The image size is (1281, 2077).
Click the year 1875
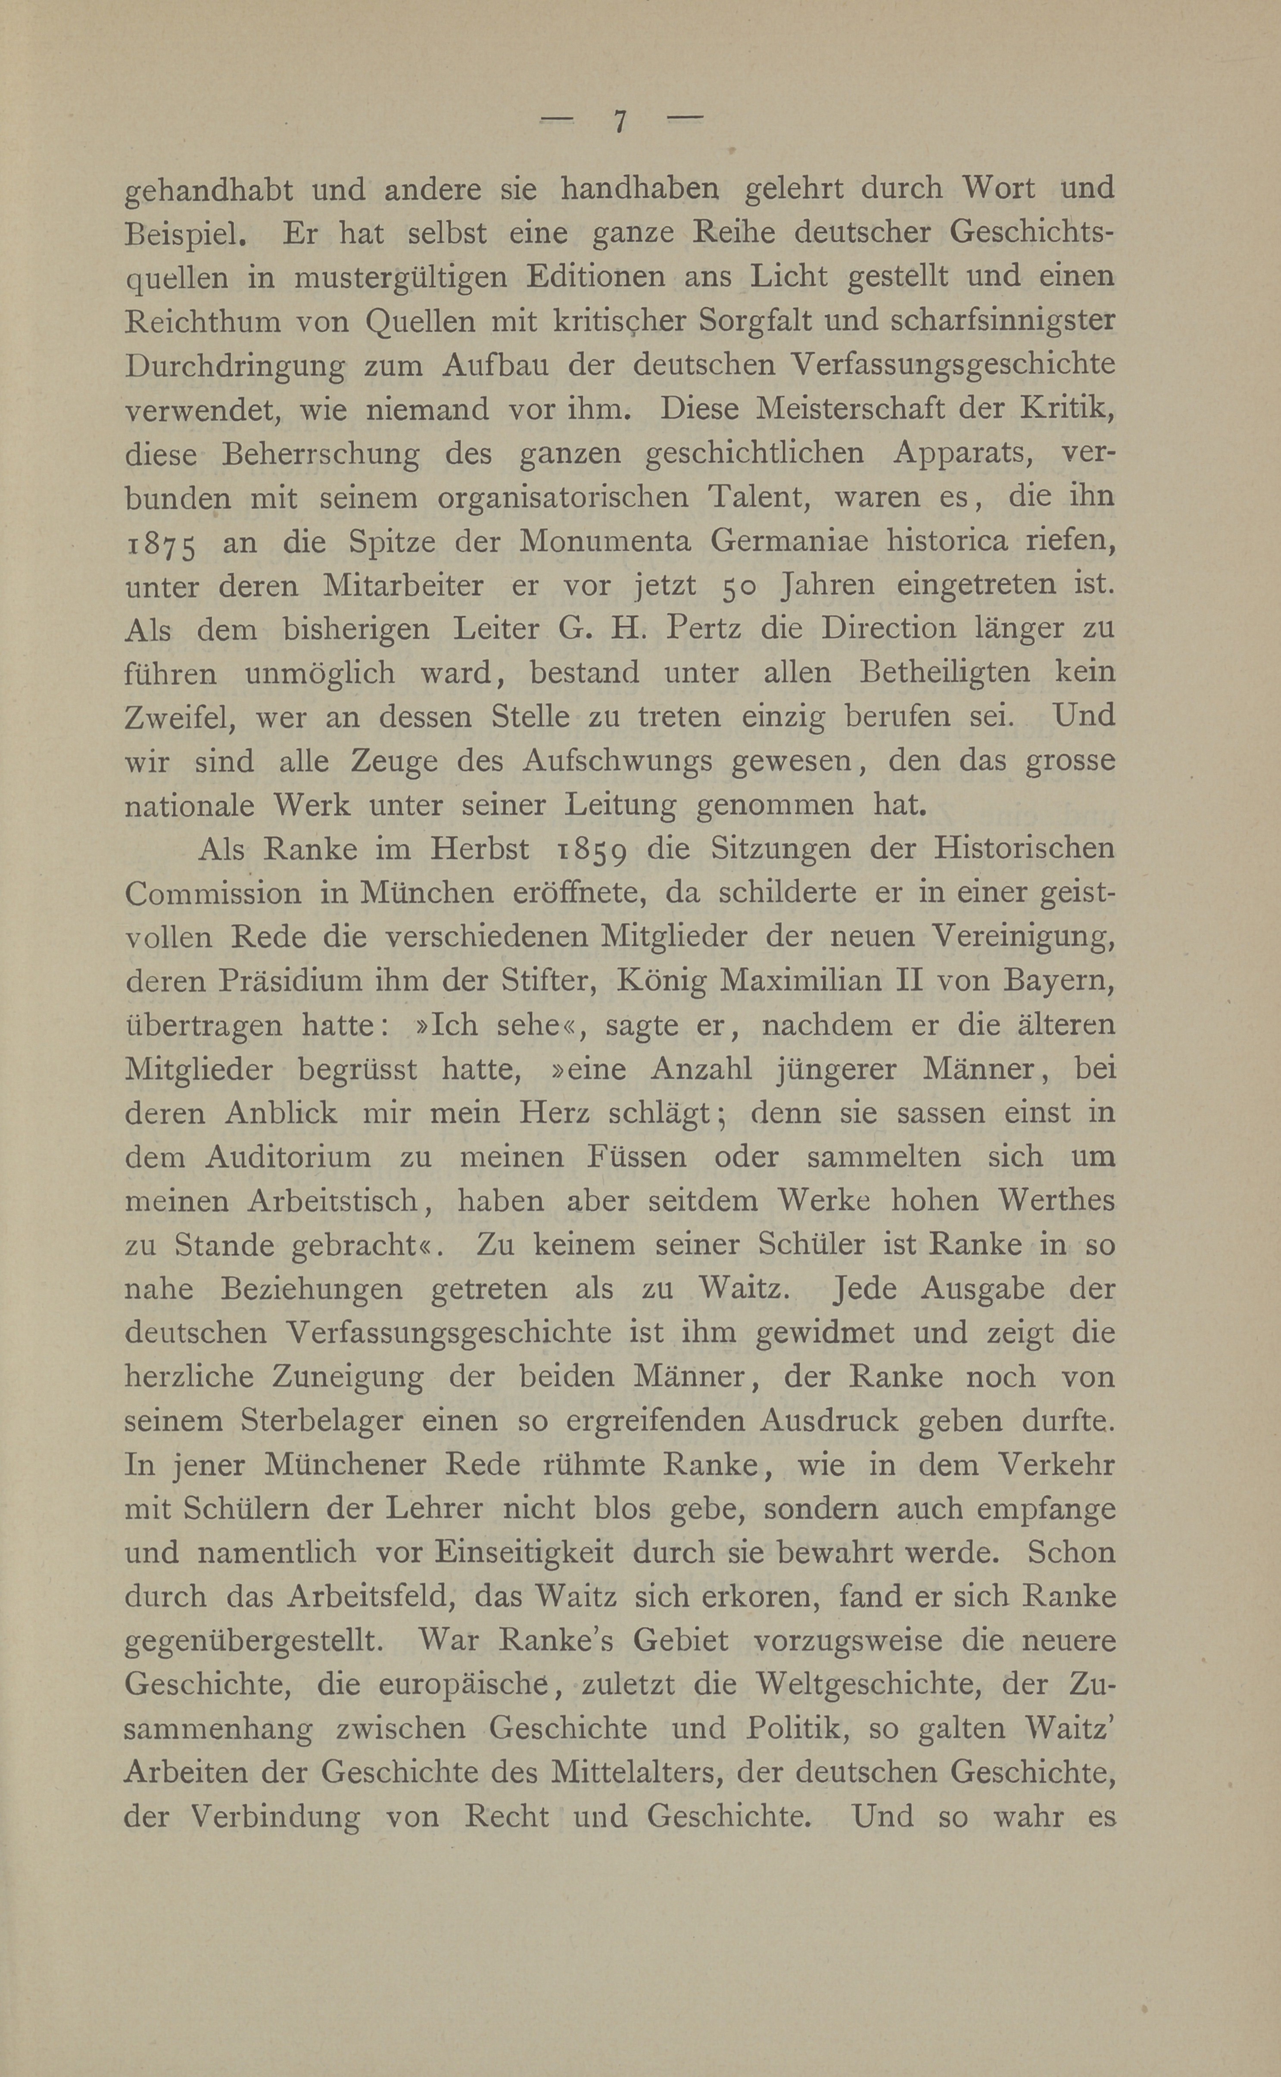click(x=161, y=544)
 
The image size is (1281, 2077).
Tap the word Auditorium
click(x=288, y=1157)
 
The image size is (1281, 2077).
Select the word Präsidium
click(x=286, y=981)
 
